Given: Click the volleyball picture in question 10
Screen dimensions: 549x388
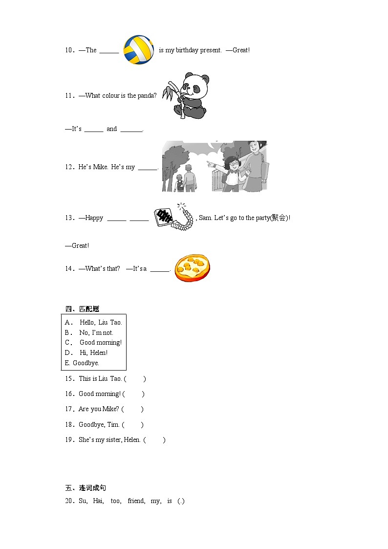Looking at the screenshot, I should (139, 49).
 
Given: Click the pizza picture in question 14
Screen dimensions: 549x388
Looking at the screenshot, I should (192, 267).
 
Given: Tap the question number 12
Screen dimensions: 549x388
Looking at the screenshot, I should (69, 167).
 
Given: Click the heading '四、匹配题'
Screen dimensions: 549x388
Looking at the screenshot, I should (82, 308).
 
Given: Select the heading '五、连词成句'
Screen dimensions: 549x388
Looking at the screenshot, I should (86, 488).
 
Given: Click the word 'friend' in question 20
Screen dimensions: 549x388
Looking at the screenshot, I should (136, 501).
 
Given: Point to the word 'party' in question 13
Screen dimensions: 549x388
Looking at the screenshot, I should (262, 218).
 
